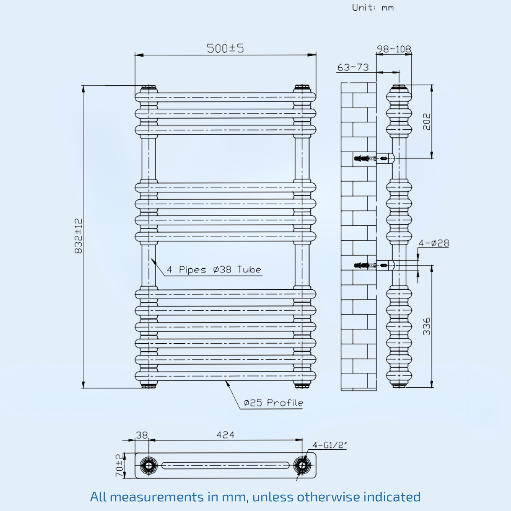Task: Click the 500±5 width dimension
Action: pyautogui.click(x=225, y=49)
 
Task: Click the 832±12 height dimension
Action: pyautogui.click(x=78, y=236)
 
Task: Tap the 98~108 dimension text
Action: pyautogui.click(x=394, y=49)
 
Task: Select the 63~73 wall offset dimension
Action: pyautogui.click(x=353, y=67)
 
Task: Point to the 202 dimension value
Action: pyautogui.click(x=427, y=122)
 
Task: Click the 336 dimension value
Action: pyautogui.click(x=427, y=326)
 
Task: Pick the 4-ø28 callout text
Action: pyautogui.click(x=434, y=243)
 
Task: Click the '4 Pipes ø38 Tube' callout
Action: pyautogui.click(x=214, y=270)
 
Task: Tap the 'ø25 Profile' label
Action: pyautogui.click(x=273, y=403)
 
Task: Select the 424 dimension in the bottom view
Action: pyautogui.click(x=225, y=435)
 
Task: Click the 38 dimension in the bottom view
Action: pyautogui.click(x=142, y=435)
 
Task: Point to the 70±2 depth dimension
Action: pyautogui.click(x=119, y=465)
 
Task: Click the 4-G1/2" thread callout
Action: pyautogui.click(x=329, y=445)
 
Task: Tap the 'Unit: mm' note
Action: pyautogui.click(x=373, y=7)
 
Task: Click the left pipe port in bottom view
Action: pyautogui.click(x=149, y=465)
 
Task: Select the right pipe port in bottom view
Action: pyautogui.click(x=302, y=465)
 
